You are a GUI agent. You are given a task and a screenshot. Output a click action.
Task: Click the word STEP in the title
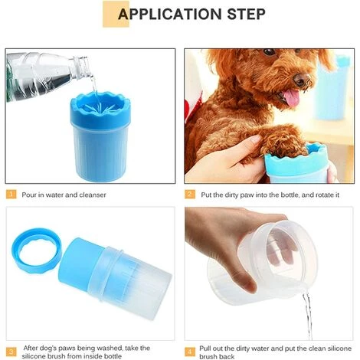point(241,14)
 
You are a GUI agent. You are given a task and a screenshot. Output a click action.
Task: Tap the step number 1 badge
point(11,195)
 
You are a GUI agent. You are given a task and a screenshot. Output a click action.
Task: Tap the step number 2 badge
point(190,195)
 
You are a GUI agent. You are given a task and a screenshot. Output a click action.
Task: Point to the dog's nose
point(303,79)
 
